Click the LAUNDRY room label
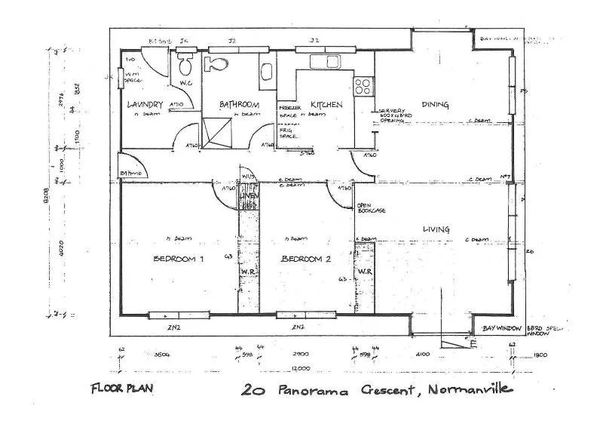145,104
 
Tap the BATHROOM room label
240,104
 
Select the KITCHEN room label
326,104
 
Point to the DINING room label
436,104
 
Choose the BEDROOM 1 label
179,259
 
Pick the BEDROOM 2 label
307,259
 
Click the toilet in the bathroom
218,64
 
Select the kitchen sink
323,60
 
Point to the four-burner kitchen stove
363,84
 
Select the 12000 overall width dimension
301,367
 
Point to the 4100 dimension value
421,353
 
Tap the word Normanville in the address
471,390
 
